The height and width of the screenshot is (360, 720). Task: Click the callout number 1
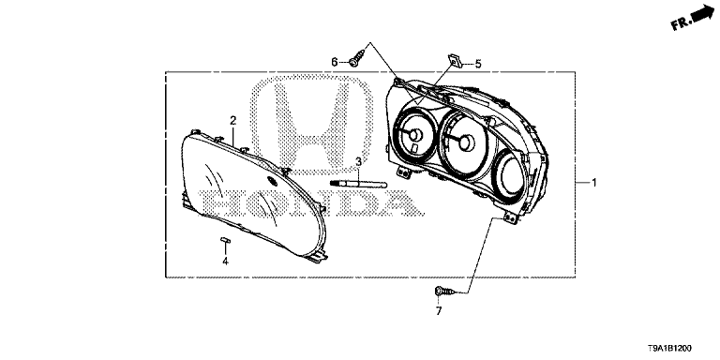coord(593,183)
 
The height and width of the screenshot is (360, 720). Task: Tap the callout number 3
coord(358,161)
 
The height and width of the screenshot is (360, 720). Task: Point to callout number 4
coord(225,262)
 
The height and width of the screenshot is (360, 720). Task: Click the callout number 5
coord(478,65)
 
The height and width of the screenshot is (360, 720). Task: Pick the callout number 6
coord(335,62)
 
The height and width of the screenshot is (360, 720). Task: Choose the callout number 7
coord(439,311)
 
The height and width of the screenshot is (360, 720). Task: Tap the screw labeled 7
coord(443,291)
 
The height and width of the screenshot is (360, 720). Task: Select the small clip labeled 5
coord(455,60)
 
